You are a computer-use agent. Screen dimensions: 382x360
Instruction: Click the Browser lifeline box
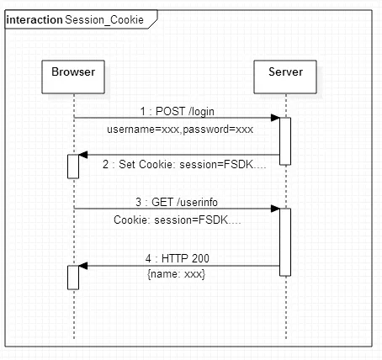click(73, 77)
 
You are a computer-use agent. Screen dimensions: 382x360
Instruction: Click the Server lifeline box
click(285, 77)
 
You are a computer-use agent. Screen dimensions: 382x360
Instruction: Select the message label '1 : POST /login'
click(178, 112)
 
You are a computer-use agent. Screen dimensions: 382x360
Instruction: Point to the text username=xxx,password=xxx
click(180, 130)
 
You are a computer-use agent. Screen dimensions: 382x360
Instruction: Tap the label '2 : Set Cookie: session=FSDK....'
click(184, 164)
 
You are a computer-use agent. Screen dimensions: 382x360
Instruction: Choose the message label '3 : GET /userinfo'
click(177, 202)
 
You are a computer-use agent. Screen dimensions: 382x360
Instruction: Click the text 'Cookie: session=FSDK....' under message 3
click(178, 220)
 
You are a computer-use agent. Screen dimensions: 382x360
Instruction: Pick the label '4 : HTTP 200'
click(178, 258)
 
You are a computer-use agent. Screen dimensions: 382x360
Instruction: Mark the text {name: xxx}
click(177, 274)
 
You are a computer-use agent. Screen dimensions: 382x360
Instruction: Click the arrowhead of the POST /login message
click(275, 118)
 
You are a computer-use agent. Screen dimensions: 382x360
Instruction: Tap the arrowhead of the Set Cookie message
click(83, 155)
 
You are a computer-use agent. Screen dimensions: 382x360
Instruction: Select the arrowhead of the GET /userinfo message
click(275, 209)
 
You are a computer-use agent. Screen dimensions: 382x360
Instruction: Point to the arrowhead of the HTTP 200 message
click(83, 266)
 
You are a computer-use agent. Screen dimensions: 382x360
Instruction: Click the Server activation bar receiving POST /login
click(285, 141)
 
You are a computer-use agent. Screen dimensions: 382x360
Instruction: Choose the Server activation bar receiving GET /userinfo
click(285, 242)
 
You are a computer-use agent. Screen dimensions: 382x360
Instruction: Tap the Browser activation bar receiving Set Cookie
click(73, 167)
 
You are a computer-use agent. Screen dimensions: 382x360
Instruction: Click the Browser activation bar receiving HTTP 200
click(73, 278)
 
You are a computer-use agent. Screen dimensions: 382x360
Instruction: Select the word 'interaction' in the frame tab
click(34, 20)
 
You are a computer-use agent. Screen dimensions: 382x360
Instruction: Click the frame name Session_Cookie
click(104, 20)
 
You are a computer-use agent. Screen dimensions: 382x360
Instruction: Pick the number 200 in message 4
click(201, 258)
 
